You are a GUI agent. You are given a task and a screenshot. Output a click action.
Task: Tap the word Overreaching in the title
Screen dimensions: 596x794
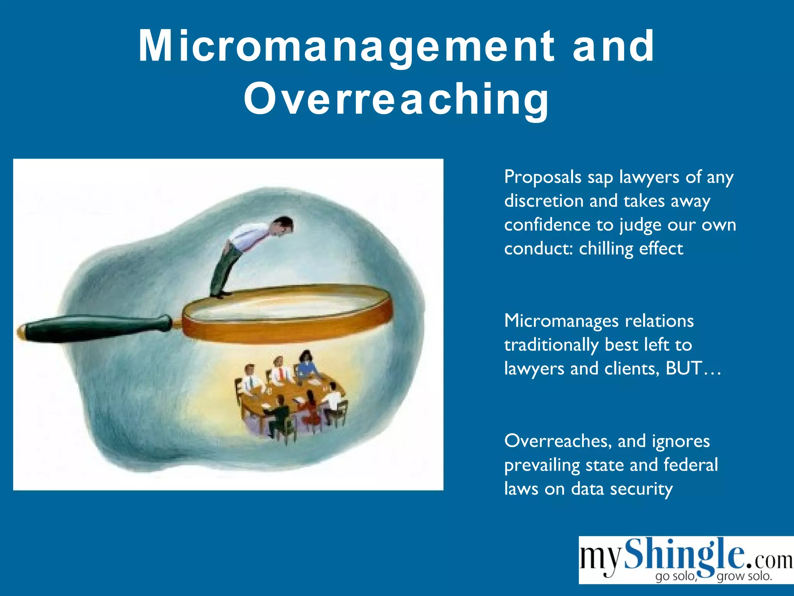point(396,99)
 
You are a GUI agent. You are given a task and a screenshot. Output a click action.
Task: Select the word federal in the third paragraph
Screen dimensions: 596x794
point(691,465)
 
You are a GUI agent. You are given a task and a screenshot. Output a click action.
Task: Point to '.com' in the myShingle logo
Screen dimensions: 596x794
point(769,560)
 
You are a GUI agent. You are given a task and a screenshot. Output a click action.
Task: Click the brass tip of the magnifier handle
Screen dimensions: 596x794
point(21,332)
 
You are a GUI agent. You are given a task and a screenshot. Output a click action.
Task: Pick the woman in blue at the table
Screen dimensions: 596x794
point(306,365)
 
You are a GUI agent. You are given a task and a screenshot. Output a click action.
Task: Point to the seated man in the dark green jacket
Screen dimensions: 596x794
point(279,415)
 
